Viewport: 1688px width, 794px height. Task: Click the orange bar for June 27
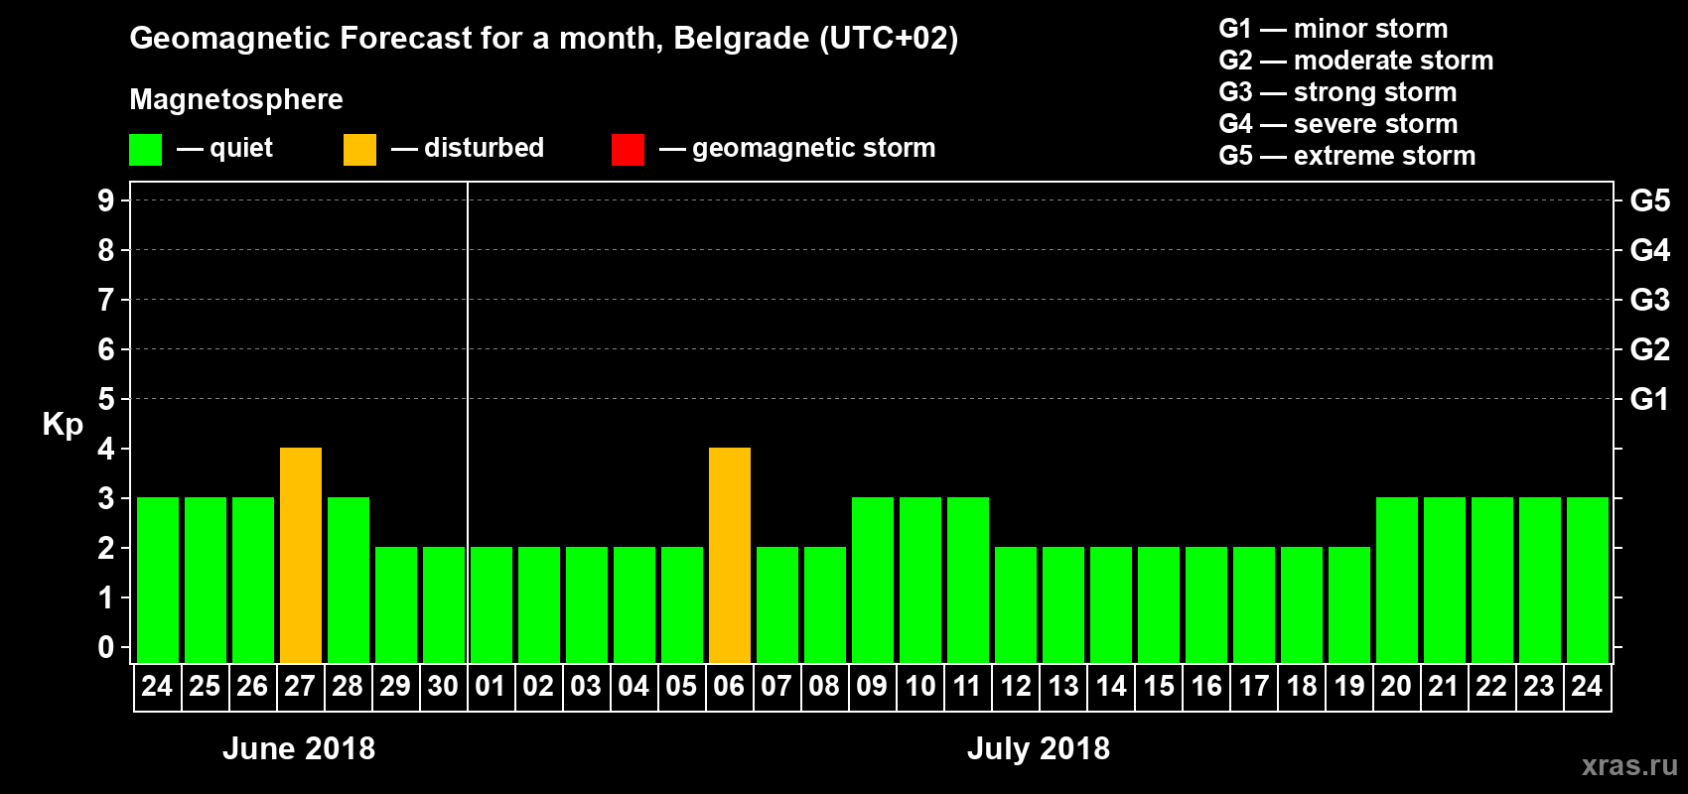[x=301, y=555]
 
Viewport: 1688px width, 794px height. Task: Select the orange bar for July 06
[x=730, y=555]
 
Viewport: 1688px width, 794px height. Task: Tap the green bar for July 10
[x=920, y=580]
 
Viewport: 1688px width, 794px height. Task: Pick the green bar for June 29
[x=396, y=604]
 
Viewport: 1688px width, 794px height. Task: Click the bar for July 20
[x=1397, y=580]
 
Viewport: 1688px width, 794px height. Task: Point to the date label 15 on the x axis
[x=1159, y=686]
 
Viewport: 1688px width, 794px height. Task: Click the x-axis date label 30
[x=443, y=686]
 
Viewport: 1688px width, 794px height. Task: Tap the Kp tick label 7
[x=106, y=300]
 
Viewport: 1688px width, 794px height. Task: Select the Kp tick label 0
[x=106, y=647]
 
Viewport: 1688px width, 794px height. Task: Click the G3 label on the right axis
[x=1649, y=300]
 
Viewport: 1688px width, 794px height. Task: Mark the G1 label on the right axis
[x=1649, y=399]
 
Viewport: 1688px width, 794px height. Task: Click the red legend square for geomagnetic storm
[x=628, y=150]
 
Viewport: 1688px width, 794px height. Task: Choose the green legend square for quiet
[x=146, y=150]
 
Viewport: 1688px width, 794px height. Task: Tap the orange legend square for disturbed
[x=359, y=150]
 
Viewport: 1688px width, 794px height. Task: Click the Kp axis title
[x=63, y=425]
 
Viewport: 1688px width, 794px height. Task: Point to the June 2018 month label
[x=299, y=748]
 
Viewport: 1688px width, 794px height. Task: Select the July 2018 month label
[x=1039, y=748]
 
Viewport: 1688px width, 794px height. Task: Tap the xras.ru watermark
[x=1629, y=765]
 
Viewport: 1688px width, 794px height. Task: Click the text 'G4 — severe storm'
[x=1338, y=124]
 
